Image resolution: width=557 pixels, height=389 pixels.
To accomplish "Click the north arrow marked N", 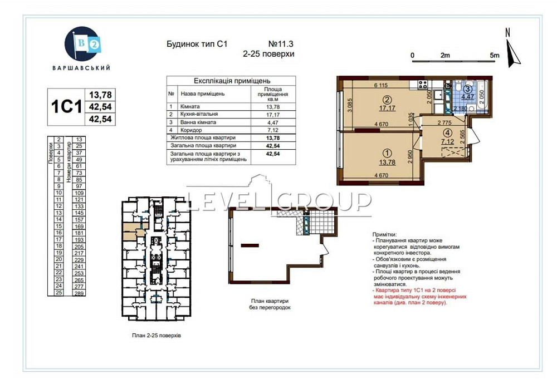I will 511,49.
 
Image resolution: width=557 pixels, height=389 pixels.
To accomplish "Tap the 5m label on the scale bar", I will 495,56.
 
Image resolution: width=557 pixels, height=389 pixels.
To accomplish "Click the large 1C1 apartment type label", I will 66,106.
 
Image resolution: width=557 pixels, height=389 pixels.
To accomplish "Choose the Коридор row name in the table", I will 190,130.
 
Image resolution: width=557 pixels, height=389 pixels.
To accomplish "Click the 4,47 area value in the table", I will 272,122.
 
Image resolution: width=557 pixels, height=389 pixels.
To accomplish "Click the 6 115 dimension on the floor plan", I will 381,85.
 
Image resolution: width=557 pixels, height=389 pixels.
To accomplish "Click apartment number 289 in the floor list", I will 79,293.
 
